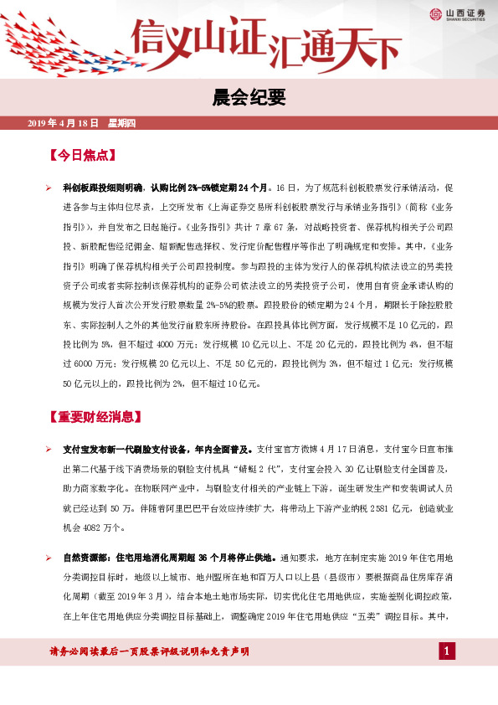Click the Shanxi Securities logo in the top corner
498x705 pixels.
click(455, 13)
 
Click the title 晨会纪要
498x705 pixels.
click(249, 99)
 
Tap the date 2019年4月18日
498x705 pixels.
click(63, 124)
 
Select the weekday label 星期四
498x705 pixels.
click(127, 124)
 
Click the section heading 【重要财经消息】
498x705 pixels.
click(98, 416)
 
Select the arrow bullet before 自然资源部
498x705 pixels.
click(49, 557)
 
